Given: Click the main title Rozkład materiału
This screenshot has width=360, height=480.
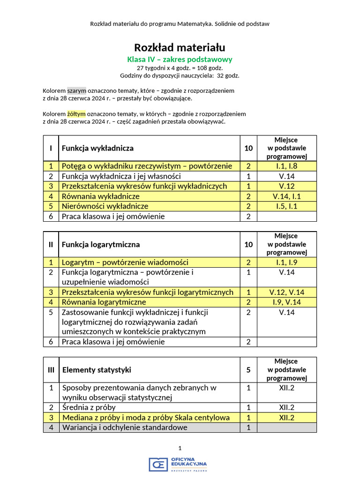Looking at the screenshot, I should [180, 47].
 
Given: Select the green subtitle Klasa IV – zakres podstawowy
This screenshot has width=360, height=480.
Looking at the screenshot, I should [180, 60].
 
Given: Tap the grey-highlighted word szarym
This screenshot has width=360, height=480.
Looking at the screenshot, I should [77, 90].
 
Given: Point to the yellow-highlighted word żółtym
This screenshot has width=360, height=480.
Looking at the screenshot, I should [76, 114].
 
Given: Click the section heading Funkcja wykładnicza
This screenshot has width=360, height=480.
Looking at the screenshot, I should [97, 148].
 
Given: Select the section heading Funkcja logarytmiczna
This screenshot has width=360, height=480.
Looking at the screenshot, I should [101, 244].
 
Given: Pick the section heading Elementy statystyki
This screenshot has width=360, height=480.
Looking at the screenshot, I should [97, 370].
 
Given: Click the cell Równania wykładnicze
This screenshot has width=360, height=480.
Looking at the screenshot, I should [100, 196].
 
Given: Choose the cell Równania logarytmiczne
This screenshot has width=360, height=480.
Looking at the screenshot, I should [104, 302].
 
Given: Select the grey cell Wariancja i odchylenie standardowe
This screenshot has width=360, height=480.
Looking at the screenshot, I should [125, 427].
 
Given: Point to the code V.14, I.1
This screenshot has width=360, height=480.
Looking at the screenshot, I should [286, 196].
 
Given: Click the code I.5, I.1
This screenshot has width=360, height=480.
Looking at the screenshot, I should [286, 206].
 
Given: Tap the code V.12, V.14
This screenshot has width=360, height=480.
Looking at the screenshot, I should [286, 292].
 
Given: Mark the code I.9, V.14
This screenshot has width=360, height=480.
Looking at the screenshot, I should [286, 302].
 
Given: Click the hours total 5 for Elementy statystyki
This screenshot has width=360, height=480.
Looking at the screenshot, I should [248, 370].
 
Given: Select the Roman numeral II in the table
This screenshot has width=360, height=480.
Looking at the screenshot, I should [51, 244].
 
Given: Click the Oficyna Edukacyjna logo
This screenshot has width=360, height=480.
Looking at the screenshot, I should [178, 464].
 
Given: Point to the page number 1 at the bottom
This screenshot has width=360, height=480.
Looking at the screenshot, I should [180, 448].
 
